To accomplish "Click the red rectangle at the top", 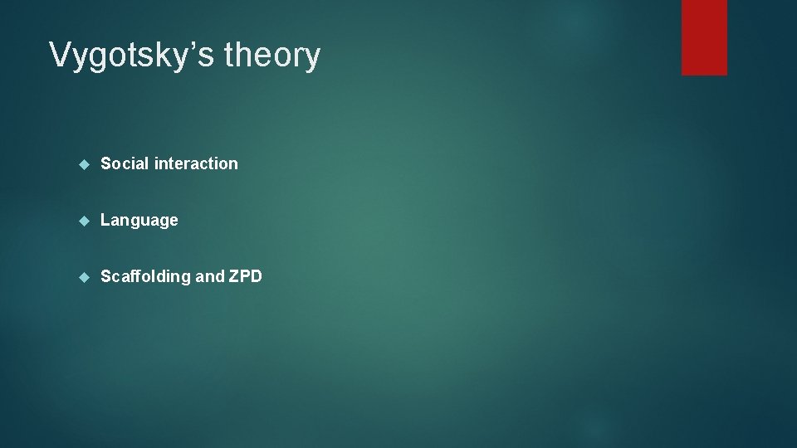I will coord(704,37).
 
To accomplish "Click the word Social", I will coord(125,163).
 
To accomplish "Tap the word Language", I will coord(139,221).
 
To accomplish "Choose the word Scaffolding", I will coord(145,276).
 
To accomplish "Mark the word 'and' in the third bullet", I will coord(209,276).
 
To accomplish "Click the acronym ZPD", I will coord(245,276).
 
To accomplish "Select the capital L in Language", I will coord(105,220).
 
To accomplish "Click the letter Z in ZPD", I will coord(233,276).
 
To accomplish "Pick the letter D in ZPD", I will coord(256,276).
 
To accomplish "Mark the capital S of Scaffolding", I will coord(105,276).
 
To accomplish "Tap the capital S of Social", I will coord(105,163).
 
